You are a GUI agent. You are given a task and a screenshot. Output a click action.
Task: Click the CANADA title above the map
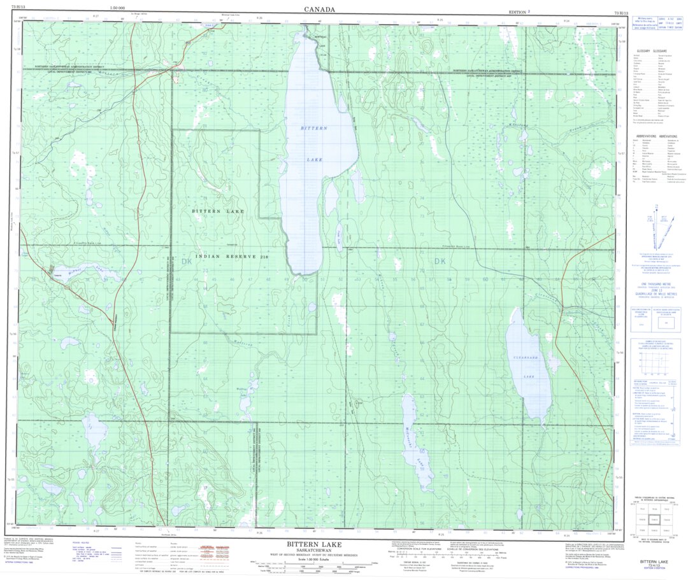[319, 9]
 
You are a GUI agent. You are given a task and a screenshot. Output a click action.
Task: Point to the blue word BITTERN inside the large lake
[314, 129]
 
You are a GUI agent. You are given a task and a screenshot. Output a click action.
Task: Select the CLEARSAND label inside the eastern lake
[527, 358]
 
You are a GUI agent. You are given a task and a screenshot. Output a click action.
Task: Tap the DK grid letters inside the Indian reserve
[186, 261]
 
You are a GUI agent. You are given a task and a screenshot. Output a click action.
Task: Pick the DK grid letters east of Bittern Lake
[439, 261]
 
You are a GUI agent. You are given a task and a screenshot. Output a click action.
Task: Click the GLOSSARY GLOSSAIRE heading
[651, 51]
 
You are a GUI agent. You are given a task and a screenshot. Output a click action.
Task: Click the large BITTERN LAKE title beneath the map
[313, 544]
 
